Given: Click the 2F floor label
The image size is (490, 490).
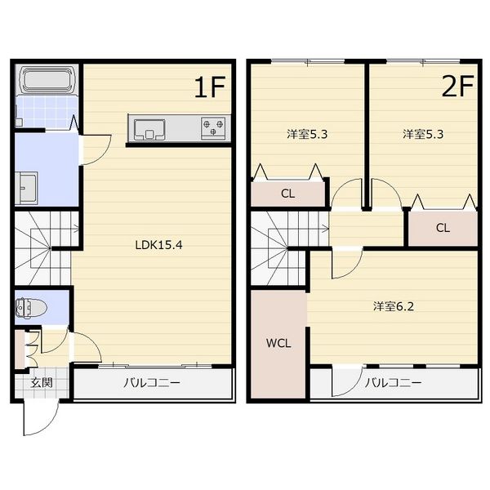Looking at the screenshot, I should [458, 87].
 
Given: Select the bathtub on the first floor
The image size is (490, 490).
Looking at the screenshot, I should [47, 81].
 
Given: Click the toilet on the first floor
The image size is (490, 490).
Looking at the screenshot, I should [32, 308].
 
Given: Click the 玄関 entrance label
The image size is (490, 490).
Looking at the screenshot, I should [41, 382].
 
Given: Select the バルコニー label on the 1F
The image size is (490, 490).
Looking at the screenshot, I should [152, 382].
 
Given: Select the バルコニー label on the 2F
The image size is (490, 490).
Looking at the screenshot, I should [393, 382].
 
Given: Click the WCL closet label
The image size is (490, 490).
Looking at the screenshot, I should [278, 343].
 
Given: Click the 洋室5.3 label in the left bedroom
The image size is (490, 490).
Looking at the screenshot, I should [306, 135].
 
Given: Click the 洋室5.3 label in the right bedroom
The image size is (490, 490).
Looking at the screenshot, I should [423, 135].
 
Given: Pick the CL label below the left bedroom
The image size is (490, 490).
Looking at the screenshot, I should [287, 194].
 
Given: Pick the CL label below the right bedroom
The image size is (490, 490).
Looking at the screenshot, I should [442, 228].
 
